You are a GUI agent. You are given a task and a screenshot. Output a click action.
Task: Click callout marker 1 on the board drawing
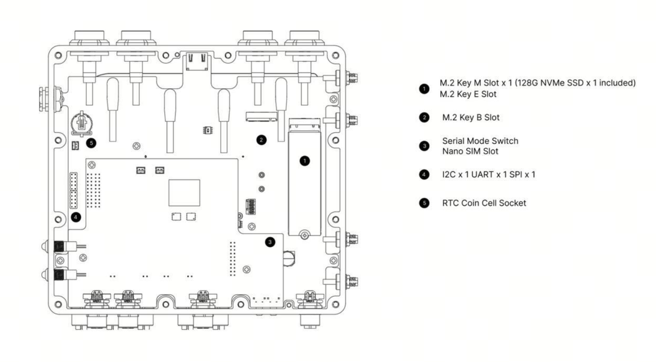(x=304, y=161)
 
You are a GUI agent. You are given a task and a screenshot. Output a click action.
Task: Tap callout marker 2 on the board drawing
(x=261, y=140)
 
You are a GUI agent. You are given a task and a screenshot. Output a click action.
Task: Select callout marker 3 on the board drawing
(x=270, y=242)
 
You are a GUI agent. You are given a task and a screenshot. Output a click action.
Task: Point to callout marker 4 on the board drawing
(x=76, y=217)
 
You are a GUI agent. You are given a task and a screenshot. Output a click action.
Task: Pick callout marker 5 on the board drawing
(x=91, y=143)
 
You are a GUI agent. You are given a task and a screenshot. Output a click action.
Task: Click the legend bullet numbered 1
(x=424, y=89)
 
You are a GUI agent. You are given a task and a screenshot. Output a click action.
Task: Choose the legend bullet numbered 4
(x=424, y=175)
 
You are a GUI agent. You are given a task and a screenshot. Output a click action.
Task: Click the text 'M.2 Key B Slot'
(x=470, y=118)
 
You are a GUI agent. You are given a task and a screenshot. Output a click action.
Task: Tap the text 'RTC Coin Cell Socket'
(x=484, y=203)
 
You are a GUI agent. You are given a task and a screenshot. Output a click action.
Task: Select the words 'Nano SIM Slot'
(x=470, y=151)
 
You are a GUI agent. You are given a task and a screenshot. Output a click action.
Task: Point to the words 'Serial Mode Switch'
(x=480, y=141)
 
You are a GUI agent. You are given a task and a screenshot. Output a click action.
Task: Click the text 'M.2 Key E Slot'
(x=468, y=94)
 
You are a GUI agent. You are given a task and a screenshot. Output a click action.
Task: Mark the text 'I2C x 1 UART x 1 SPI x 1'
(x=489, y=175)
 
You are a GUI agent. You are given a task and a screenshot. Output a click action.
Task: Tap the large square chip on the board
(x=184, y=193)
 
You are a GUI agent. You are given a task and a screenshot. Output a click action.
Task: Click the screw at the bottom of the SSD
(x=304, y=235)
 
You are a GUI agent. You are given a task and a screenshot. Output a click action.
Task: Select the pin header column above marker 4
(x=74, y=190)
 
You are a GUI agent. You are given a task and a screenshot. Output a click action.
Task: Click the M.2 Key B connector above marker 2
(x=261, y=117)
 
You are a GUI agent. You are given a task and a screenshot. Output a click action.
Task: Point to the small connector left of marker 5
(x=75, y=146)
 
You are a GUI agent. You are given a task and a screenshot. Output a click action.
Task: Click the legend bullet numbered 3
(x=424, y=146)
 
